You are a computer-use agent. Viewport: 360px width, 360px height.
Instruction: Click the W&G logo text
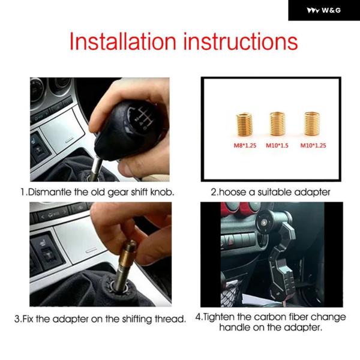(x=331, y=10)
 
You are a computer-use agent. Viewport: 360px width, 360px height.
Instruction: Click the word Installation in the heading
(x=122, y=41)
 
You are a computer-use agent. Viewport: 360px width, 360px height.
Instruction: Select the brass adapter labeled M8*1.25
(x=245, y=124)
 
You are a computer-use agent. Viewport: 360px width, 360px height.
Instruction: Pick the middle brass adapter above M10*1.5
(x=277, y=124)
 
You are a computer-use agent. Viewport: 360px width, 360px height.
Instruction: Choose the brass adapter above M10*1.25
(x=312, y=124)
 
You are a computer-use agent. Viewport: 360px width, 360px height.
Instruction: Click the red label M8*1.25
(x=245, y=145)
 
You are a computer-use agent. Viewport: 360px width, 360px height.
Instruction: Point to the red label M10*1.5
(x=277, y=145)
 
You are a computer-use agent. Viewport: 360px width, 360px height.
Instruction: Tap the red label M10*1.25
(x=313, y=145)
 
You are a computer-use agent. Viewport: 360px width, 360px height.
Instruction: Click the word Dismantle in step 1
(x=50, y=192)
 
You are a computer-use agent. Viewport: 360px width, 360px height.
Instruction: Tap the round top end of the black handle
(x=265, y=222)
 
